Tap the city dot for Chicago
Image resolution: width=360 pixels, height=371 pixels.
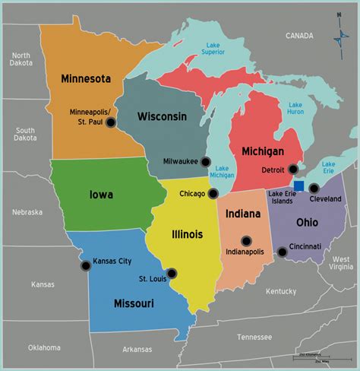point(213,194)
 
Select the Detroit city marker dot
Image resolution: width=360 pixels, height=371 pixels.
point(293,169)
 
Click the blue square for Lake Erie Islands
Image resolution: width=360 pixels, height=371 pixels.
point(299,185)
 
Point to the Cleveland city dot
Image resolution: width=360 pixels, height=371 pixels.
point(314,187)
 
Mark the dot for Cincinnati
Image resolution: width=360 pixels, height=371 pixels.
point(283,252)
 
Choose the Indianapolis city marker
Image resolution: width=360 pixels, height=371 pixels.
point(245,241)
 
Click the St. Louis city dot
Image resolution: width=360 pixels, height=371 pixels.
point(172,273)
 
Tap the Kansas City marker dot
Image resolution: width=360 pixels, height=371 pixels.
point(84,265)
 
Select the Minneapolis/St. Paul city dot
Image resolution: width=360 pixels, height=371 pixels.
point(111,122)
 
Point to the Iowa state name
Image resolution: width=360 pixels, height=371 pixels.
point(100,195)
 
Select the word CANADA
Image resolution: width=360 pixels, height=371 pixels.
point(299,36)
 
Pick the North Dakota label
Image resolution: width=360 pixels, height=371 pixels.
point(21,59)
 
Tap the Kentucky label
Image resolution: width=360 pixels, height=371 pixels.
point(282,291)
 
